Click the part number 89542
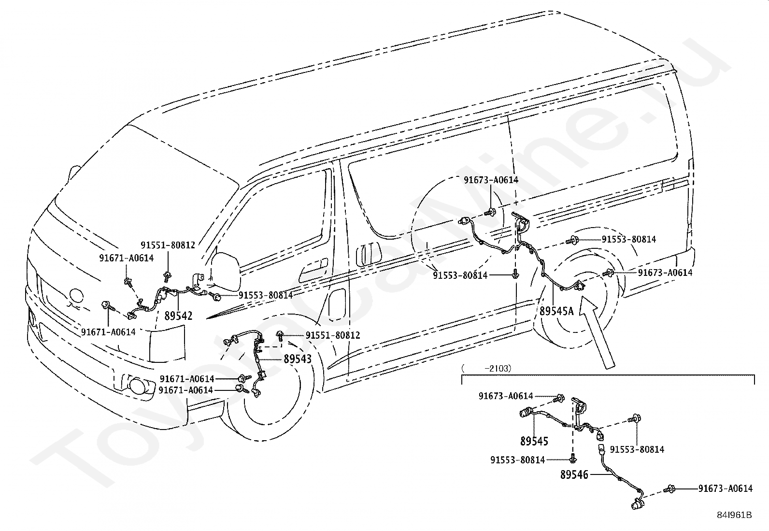click(178, 316)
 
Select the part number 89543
click(298, 359)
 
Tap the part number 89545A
click(556, 311)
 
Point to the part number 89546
click(574, 475)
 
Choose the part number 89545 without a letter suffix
click(534, 441)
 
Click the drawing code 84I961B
click(734, 515)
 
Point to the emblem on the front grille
click(76, 296)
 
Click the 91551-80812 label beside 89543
click(332, 335)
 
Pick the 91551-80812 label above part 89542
click(168, 245)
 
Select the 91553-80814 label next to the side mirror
click(265, 295)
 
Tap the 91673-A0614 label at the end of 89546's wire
click(725, 488)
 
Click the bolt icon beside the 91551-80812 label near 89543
click(280, 334)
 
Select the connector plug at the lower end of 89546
click(636, 505)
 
